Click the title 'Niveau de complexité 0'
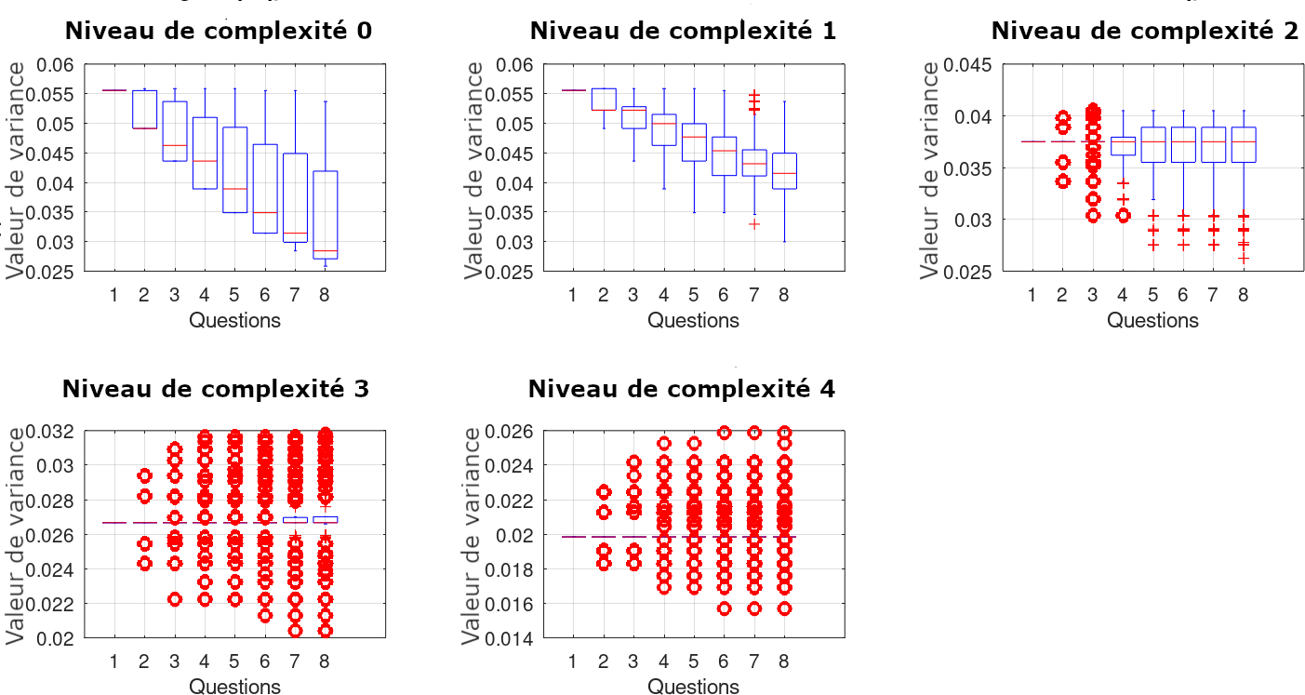[x=218, y=31]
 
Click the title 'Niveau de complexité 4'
[x=681, y=389]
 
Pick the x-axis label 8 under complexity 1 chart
[x=783, y=295]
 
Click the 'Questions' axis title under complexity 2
[x=1152, y=320]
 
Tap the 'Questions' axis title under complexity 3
[x=234, y=687]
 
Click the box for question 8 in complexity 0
[x=325, y=215]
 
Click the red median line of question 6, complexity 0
[x=264, y=213]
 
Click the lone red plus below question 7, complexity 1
[x=753, y=224]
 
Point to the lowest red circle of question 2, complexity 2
[x=1062, y=181]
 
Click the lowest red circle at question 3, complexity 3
[x=174, y=599]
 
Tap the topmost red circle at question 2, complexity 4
[x=603, y=492]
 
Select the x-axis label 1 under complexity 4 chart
[x=571, y=661]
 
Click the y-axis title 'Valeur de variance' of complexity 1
[x=474, y=169]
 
